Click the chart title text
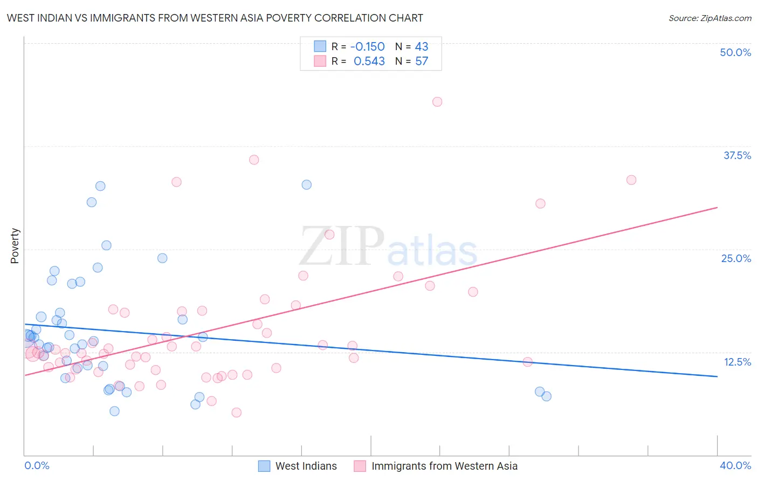coord(215,18)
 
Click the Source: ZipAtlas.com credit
coord(709,18)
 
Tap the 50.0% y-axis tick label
coord(735,52)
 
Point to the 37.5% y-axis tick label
coord(737,155)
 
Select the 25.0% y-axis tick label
coord(736,258)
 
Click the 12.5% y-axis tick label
coord(737,362)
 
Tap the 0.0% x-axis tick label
coord(37,465)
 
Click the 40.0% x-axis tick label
coord(735,465)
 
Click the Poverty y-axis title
coord(15,246)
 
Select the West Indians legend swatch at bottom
coord(264,466)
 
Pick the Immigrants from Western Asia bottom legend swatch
coord(360,466)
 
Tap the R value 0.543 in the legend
coord(369,61)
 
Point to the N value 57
coord(422,61)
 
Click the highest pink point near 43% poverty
coord(437,102)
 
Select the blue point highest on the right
coord(306,184)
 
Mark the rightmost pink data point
coord(631,180)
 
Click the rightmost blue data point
coord(546,396)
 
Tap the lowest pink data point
coord(236,413)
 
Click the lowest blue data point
coord(114,411)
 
